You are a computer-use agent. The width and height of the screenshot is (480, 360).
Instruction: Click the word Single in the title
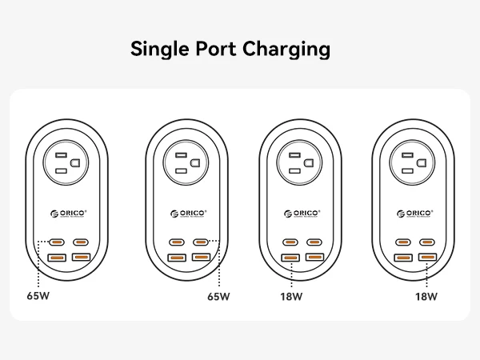[x=160, y=49]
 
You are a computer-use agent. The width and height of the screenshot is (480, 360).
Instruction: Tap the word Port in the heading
[x=216, y=48]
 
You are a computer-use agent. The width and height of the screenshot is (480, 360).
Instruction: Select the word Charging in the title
[x=286, y=49]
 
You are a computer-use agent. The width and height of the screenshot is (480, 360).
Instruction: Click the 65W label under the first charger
[x=38, y=296]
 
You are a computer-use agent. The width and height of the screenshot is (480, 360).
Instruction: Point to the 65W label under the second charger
[x=218, y=296]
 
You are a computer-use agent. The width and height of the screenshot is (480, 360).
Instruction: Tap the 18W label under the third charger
[x=291, y=296]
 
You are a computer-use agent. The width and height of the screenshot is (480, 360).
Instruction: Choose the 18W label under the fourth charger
[x=426, y=296]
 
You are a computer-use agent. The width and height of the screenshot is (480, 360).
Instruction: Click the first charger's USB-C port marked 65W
[x=57, y=242]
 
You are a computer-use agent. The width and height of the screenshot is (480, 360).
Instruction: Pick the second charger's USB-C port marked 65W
[x=201, y=242]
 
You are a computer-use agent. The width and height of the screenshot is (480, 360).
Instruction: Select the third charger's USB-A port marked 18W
[x=290, y=258]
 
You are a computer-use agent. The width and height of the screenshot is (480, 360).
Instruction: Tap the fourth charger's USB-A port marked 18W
[x=428, y=257]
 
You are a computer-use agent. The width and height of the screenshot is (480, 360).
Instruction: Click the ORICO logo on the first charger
[x=69, y=214]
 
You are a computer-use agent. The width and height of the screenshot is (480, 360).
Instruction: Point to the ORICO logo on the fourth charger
[x=415, y=214]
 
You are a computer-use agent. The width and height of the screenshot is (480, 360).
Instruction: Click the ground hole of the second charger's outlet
[x=195, y=163]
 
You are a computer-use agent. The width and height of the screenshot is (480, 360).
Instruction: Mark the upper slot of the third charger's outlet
[x=294, y=155]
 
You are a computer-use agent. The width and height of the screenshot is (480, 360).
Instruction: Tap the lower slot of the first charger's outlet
[x=61, y=171]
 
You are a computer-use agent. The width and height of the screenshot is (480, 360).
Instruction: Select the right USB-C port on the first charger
[x=81, y=242]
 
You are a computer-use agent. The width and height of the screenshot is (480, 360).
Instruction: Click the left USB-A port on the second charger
[x=177, y=258]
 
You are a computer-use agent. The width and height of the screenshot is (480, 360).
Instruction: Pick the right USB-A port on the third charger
[x=314, y=257]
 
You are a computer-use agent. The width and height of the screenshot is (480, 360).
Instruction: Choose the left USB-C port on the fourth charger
[x=403, y=242]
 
